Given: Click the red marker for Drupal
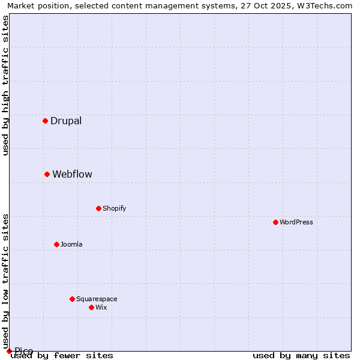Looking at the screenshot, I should click(x=45, y=121).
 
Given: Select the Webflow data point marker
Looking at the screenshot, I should click(x=47, y=174).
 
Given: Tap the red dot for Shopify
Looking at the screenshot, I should click(x=98, y=208).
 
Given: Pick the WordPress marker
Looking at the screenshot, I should click(x=275, y=222).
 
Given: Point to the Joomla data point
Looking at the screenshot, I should click(x=56, y=244).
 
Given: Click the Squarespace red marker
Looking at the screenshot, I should click(x=72, y=299).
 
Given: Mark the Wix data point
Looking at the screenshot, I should click(x=91, y=307).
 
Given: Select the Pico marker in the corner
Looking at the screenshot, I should click(x=9, y=351).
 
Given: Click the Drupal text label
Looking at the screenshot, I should click(x=66, y=121).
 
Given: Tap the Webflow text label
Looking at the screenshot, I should click(x=72, y=174).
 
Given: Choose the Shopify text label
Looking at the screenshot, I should click(x=114, y=208).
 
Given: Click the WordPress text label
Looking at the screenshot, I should click(x=296, y=222).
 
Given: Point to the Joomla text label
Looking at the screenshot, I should click(x=71, y=244).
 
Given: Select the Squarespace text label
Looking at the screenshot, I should click(x=97, y=299).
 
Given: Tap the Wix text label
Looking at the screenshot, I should click(x=101, y=307).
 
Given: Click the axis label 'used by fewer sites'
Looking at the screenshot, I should click(x=62, y=356).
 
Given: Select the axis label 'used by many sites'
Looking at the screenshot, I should click(x=301, y=356).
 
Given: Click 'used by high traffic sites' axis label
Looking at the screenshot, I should click(x=5, y=86).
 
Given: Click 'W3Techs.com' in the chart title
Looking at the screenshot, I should click(x=327, y=5).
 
